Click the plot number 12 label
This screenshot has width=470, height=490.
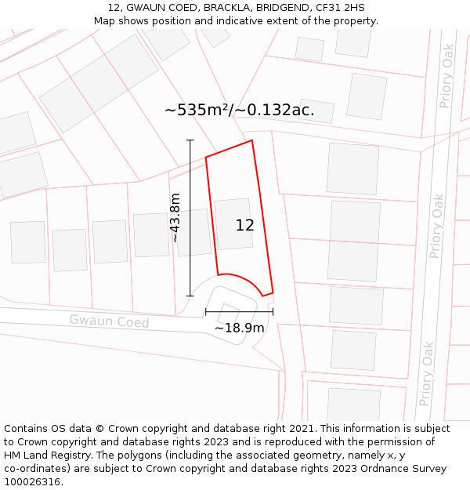tap(244, 225)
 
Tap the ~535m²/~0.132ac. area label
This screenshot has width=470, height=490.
tap(240, 110)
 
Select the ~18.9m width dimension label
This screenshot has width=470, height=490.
tap(239, 328)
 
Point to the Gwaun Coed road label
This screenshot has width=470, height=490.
tap(109, 321)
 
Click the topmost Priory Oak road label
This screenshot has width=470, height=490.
tap(447, 75)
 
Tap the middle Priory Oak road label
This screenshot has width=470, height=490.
tap(437, 226)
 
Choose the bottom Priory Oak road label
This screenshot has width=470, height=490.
tap(427, 372)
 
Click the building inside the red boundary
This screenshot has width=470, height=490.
tap(233, 224)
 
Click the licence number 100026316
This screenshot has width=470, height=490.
tap(34, 481)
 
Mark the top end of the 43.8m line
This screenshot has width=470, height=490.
tap(190, 140)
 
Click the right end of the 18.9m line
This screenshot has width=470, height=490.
tap(273, 311)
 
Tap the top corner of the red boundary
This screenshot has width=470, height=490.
tap(251, 140)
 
